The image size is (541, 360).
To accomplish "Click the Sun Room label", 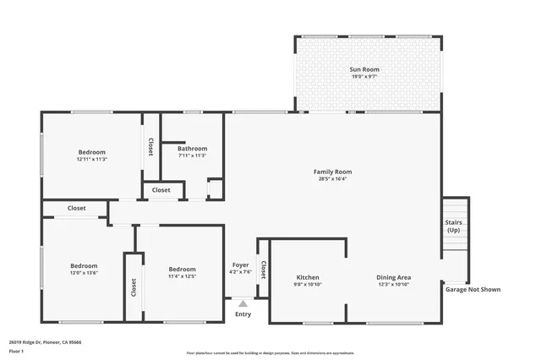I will [367, 68].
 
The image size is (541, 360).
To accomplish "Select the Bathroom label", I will [192, 149].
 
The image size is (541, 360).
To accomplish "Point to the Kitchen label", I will [307, 277].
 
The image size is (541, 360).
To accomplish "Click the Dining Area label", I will [393, 277].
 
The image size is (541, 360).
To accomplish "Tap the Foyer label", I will [241, 265].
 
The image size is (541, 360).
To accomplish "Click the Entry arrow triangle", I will [243, 303].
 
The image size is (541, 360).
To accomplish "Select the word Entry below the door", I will [243, 314].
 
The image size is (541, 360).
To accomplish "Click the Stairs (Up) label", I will [454, 226].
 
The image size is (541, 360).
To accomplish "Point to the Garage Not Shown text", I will [473, 289].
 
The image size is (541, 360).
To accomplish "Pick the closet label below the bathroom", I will [161, 190].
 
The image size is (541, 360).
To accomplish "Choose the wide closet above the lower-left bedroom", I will [76, 208].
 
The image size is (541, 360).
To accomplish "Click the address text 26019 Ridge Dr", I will [46, 342].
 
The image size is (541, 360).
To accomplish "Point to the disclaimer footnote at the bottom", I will [270, 353].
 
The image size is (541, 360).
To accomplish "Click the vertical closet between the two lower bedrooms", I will [133, 287].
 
